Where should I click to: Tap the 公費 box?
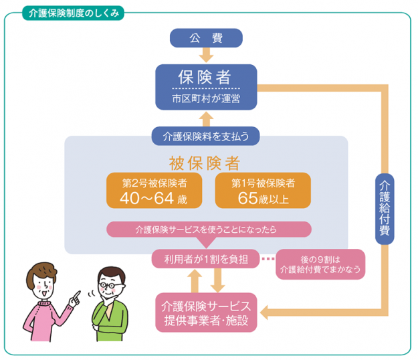pyautogui.click(x=205, y=37)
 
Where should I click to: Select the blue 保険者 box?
pyautogui.click(x=205, y=86)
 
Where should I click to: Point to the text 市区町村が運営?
pyautogui.click(x=205, y=98)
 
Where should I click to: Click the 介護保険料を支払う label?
pyautogui.click(x=205, y=136)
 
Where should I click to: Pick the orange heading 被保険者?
pyautogui.click(x=205, y=163)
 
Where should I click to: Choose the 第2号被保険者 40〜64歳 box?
pyautogui.click(x=153, y=190)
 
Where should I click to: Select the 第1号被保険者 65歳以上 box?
pyautogui.click(x=263, y=190)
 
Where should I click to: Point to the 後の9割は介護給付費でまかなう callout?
pyautogui.click(x=320, y=264)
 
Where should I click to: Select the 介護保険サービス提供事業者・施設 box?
pyautogui.click(x=205, y=312)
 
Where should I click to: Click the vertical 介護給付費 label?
pyautogui.click(x=384, y=207)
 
